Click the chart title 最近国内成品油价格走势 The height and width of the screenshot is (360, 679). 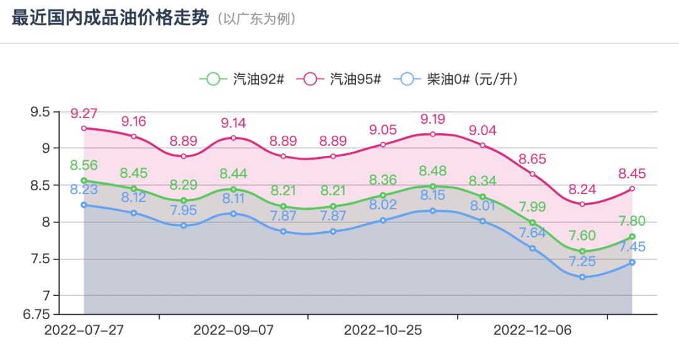click(x=109, y=18)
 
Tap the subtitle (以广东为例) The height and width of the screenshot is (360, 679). click(x=257, y=19)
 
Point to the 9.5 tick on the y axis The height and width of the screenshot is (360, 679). click(x=40, y=112)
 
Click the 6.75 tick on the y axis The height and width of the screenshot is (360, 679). click(x=36, y=314)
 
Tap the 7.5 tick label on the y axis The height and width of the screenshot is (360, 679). click(x=40, y=259)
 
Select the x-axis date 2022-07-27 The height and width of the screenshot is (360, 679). click(x=84, y=330)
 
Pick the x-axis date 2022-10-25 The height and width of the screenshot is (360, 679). click(x=383, y=330)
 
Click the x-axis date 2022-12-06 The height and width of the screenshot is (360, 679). click(x=533, y=330)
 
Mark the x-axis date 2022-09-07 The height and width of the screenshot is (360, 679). click(x=233, y=330)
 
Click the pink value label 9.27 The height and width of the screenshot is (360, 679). click(x=84, y=114)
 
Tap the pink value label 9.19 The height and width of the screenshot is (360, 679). click(x=433, y=119)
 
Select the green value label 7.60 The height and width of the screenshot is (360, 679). click(x=582, y=236)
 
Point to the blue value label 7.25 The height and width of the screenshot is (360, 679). click(x=582, y=261)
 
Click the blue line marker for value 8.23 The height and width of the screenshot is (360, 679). click(x=84, y=205)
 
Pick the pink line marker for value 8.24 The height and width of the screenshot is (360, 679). click(x=582, y=204)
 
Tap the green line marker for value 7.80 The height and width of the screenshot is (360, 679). click(x=632, y=236)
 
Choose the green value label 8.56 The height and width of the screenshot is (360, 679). click(x=84, y=165)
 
